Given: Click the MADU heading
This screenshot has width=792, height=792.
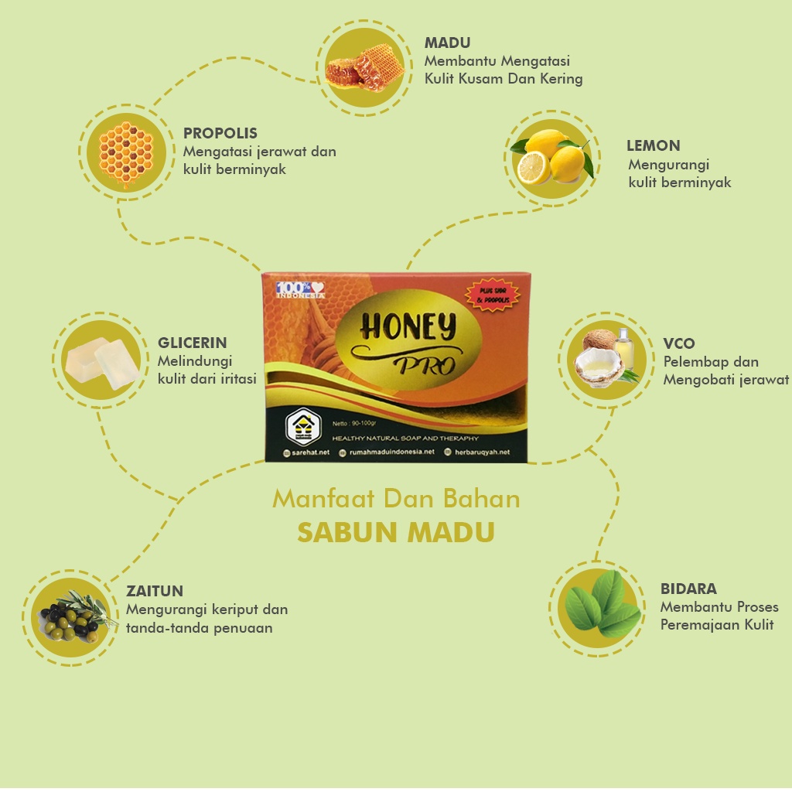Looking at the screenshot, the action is (447, 43).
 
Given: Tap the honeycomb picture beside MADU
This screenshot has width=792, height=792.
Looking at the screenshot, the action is (364, 67).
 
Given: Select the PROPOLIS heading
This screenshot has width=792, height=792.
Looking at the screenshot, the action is (220, 133).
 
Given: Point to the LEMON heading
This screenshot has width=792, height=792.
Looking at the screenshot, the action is (653, 145).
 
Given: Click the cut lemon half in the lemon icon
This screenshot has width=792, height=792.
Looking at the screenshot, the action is (533, 168).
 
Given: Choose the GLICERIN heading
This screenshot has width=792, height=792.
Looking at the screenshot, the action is (192, 343).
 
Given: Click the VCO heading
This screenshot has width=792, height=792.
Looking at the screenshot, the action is (678, 343).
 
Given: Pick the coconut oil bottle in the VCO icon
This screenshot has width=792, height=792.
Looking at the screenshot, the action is (623, 348).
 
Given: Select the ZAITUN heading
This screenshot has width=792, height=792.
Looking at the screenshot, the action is (155, 591).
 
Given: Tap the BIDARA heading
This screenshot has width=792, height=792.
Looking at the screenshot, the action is (688, 589).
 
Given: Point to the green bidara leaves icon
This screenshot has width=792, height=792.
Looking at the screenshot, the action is (603, 605).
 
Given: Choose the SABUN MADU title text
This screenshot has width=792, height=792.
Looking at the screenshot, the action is (395, 533).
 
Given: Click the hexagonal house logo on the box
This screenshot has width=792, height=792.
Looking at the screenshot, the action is (302, 426).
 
